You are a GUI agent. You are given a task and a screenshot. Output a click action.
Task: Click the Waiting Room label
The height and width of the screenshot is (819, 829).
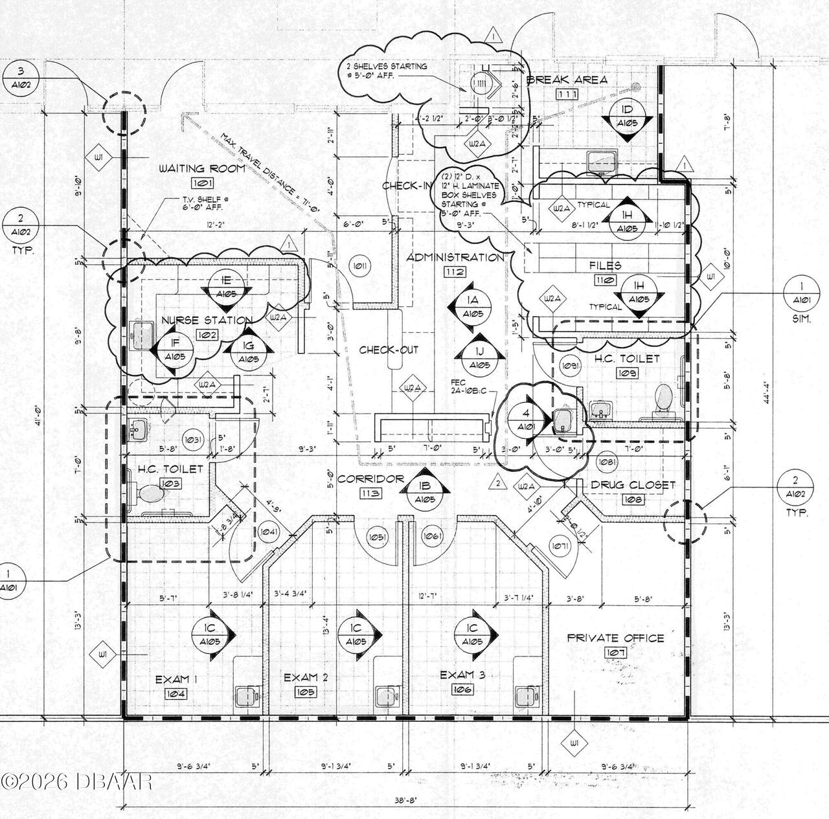point(202,168)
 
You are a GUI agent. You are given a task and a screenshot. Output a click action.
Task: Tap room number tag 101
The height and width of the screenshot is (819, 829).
point(202,184)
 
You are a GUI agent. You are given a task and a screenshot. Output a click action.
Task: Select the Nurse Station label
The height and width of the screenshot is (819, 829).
point(207,320)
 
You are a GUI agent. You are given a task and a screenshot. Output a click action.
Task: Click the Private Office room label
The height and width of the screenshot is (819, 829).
point(615,638)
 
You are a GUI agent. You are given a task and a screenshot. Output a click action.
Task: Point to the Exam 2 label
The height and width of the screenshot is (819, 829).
point(306,677)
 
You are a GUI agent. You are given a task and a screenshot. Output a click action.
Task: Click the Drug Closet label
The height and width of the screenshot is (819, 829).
point(633,485)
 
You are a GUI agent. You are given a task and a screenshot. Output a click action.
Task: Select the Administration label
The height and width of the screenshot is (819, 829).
point(455,257)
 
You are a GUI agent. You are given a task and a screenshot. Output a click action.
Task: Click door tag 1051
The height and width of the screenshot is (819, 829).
point(377,537)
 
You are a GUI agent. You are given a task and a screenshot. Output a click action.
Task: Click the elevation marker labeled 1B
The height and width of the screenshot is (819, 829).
point(425,493)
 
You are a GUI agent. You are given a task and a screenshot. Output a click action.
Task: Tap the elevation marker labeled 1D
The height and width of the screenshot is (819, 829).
point(627,117)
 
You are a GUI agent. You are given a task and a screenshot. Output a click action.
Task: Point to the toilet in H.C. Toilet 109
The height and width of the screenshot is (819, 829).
point(664,398)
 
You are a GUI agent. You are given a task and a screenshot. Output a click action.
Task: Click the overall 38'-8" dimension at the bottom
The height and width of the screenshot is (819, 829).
point(406,800)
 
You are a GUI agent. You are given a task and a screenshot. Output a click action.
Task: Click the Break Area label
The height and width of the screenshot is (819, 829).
point(567,80)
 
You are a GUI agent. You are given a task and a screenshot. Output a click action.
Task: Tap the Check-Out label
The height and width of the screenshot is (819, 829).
point(389,350)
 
